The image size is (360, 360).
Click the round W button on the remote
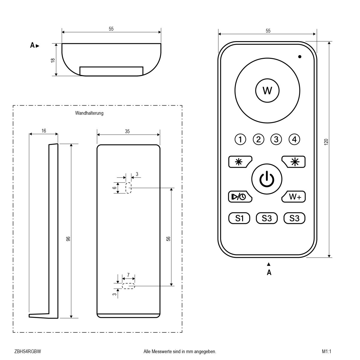[x=267, y=90]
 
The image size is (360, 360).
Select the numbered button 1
[x=240, y=139]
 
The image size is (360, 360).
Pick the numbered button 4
[x=294, y=139]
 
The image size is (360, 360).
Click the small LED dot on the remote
[x=300, y=56]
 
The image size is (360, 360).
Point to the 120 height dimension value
[x=326, y=142]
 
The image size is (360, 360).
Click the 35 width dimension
[x=127, y=131]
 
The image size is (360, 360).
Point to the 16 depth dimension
[x=44, y=130]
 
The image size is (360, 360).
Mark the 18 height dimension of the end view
[x=53, y=60]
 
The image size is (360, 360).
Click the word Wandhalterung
[x=89, y=113]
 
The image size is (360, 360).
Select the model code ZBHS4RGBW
[x=27, y=351]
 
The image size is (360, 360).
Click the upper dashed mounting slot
[x=129, y=188]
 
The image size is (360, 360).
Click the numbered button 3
[x=276, y=139]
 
